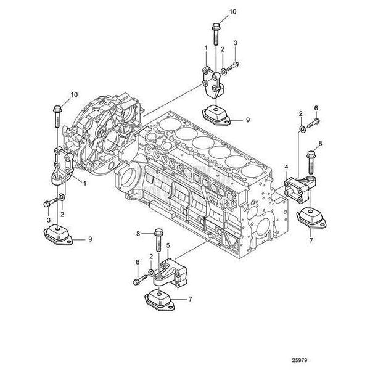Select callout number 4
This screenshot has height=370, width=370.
286,166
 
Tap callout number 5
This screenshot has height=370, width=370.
167,245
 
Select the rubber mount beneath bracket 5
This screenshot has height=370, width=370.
159,301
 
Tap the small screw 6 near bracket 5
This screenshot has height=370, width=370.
136,281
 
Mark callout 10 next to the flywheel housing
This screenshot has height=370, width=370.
74,94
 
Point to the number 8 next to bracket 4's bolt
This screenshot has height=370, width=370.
320,144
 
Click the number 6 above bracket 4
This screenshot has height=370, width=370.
316,108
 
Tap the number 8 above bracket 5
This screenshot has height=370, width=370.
139,233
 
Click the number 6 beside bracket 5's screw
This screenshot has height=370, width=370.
136,262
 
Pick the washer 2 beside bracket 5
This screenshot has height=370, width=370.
151,271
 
